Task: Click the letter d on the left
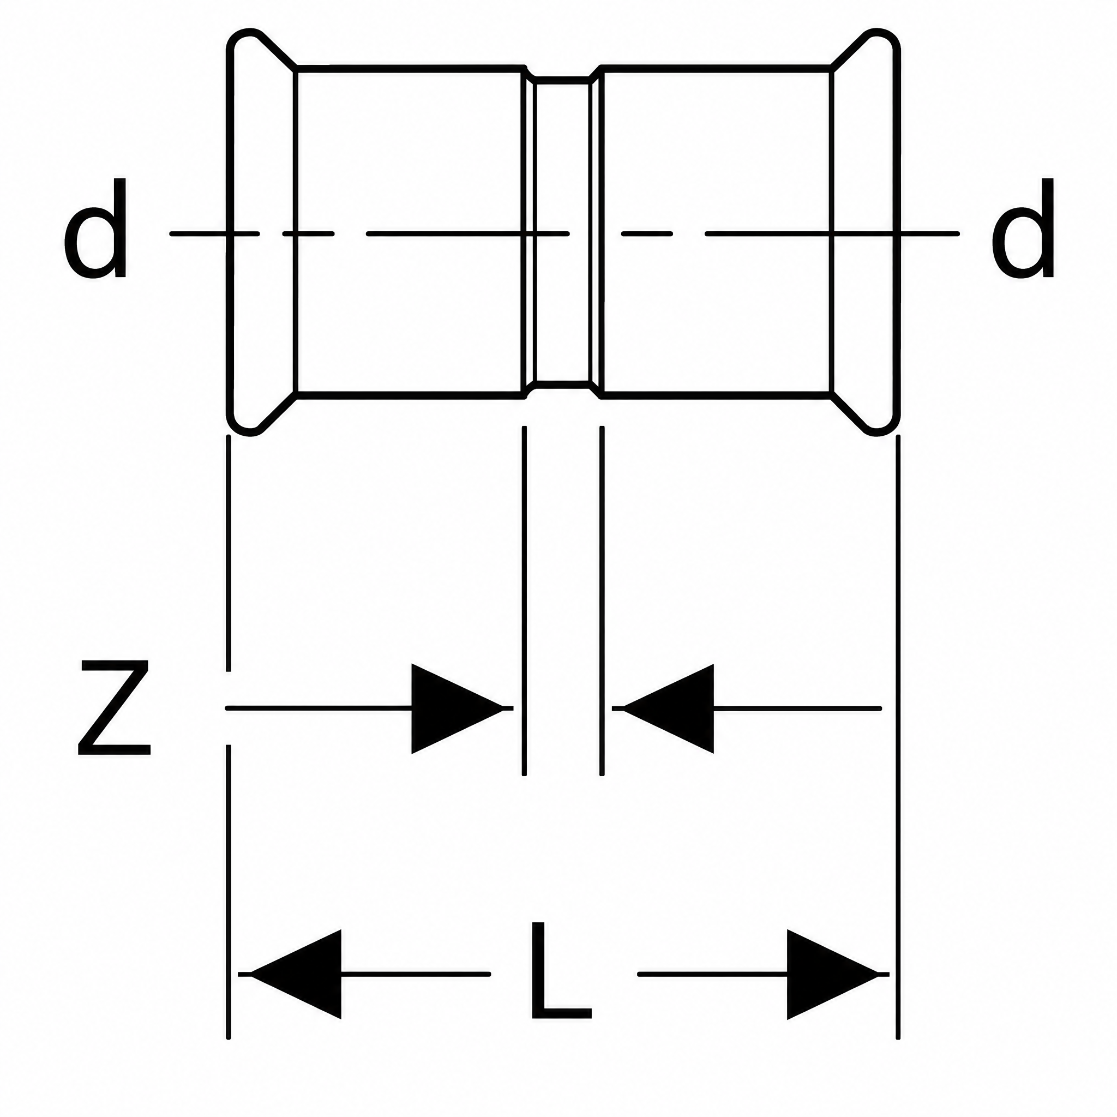point(95,228)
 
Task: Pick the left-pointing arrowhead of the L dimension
point(296,974)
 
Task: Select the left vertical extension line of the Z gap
point(524,601)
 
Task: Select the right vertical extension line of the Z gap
point(602,601)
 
